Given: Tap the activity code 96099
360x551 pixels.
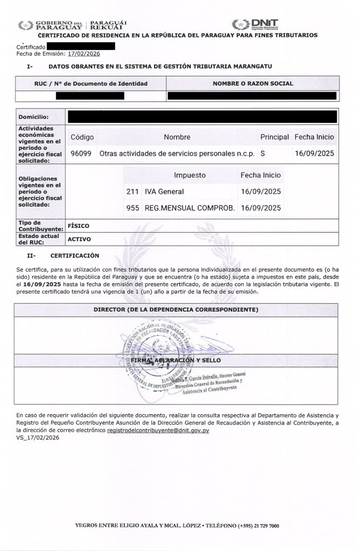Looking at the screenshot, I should click(81, 153).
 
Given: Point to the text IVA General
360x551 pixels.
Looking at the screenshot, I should click(164, 191).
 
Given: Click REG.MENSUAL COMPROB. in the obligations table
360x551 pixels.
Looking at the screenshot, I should click(189, 207).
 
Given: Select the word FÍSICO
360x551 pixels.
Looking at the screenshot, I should click(78, 226).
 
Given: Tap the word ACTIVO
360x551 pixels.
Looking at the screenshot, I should click(79, 239).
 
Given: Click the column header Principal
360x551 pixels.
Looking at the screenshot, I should click(275, 137).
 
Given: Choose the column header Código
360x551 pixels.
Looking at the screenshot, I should click(82, 137).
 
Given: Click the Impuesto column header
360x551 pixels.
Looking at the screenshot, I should click(189, 176).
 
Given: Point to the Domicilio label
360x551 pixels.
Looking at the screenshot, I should click(33, 117).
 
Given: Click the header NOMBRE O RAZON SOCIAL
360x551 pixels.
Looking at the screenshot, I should click(253, 84).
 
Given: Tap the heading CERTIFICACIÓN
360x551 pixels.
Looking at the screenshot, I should click(74, 255).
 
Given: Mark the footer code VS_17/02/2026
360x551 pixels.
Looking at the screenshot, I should click(38, 438).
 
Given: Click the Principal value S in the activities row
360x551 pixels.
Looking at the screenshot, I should click(262, 153).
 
